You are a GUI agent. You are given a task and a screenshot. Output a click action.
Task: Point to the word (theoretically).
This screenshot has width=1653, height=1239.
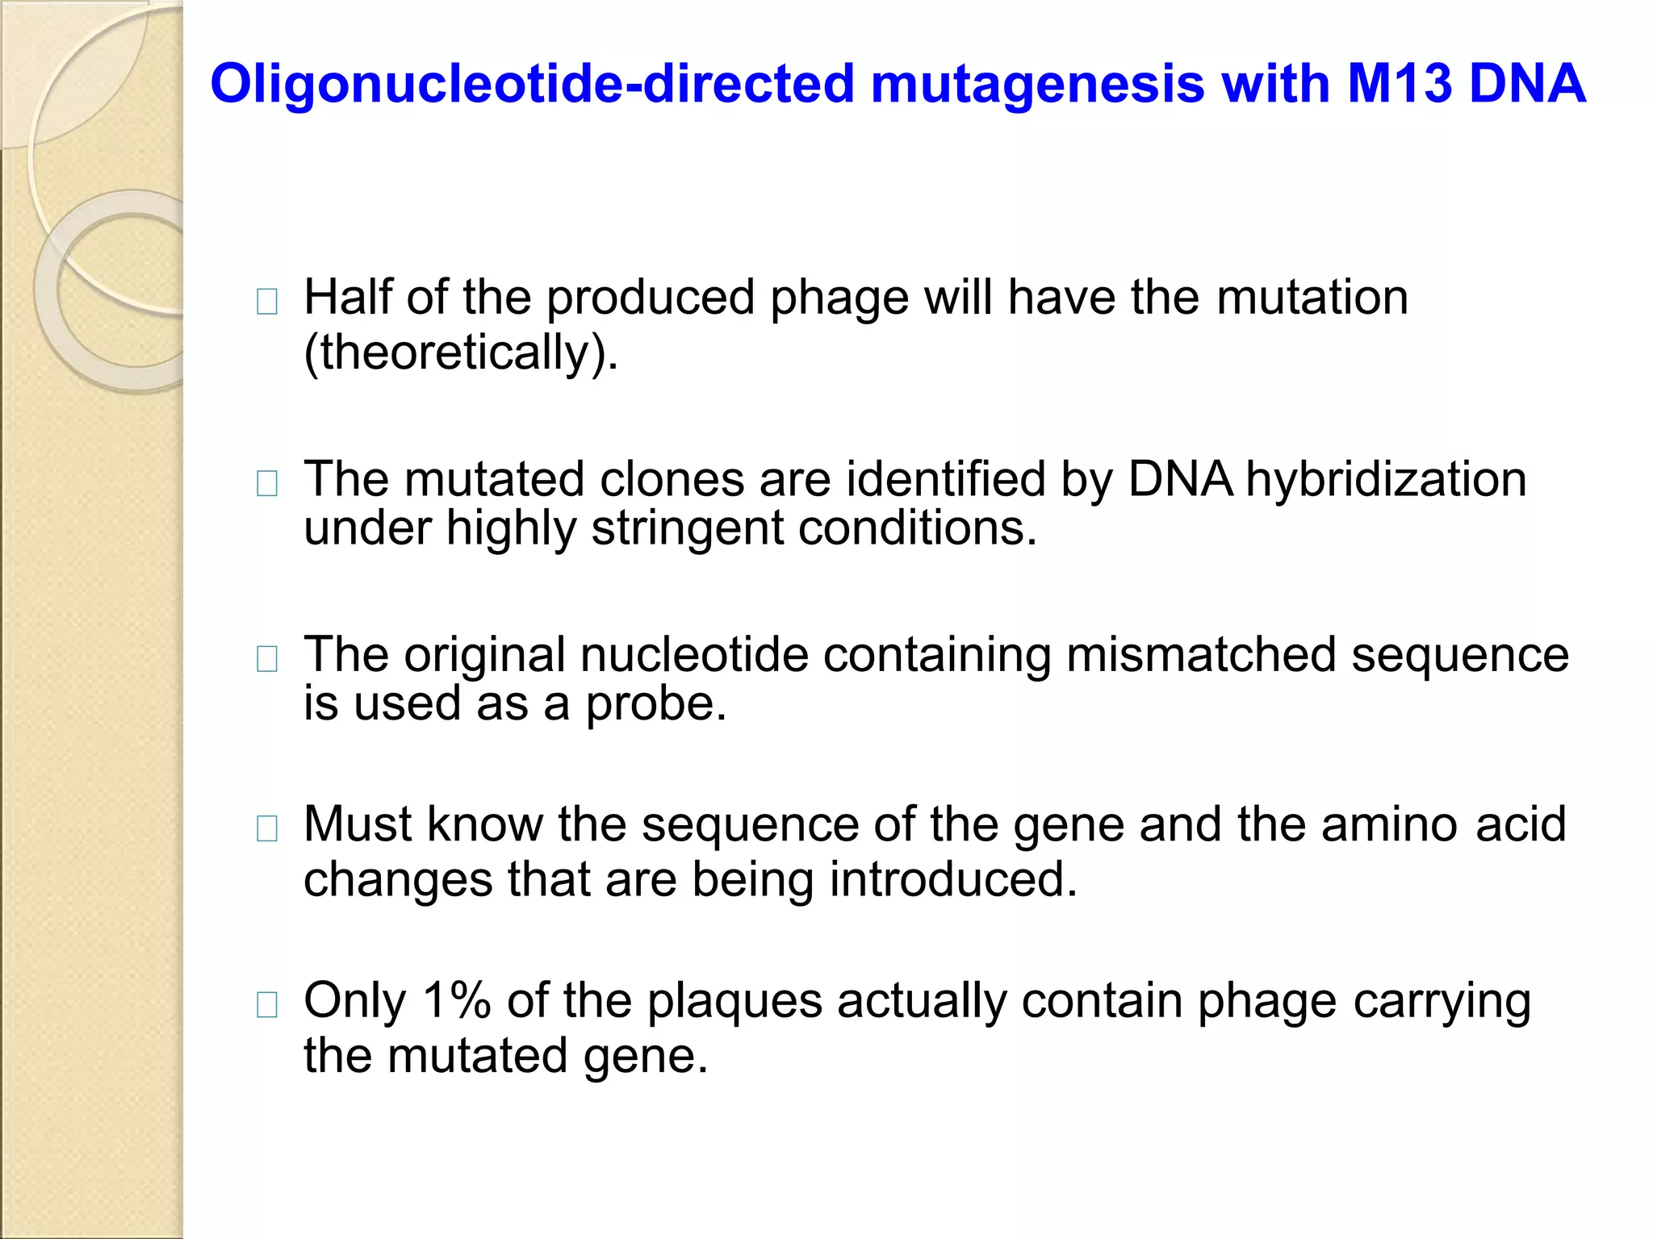[x=461, y=353]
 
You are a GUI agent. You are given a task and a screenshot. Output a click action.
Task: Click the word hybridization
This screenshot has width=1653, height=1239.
[x=1386, y=479]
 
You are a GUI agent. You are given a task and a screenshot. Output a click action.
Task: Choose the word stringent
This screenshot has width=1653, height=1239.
[x=687, y=529]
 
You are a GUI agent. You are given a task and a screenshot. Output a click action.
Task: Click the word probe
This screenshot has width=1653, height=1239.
[x=655, y=704]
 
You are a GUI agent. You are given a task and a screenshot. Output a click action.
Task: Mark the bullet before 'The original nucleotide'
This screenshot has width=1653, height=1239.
[x=266, y=659]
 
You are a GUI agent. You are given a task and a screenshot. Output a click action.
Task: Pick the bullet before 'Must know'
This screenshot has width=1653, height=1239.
[x=266, y=828]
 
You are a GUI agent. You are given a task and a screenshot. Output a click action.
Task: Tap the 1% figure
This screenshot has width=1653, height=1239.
[x=457, y=1001]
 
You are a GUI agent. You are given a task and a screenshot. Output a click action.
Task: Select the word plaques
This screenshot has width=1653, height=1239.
[x=734, y=1003]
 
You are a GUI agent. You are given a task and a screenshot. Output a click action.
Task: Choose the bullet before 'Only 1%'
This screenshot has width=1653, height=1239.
[x=266, y=1005]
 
